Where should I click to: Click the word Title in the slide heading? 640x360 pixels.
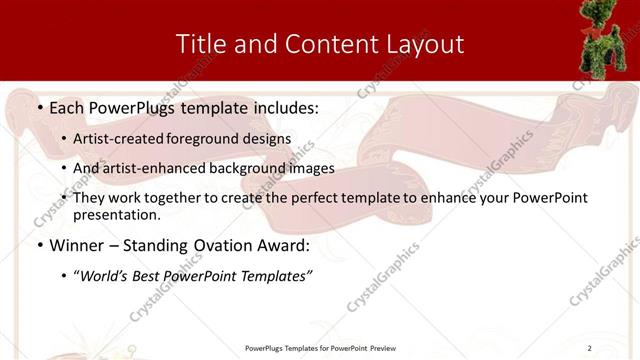199,44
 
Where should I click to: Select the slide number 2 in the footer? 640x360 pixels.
590,348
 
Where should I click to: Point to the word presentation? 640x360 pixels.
118,215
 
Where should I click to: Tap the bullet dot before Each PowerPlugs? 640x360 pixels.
39,106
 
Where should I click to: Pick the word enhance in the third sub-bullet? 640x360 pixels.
464,198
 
